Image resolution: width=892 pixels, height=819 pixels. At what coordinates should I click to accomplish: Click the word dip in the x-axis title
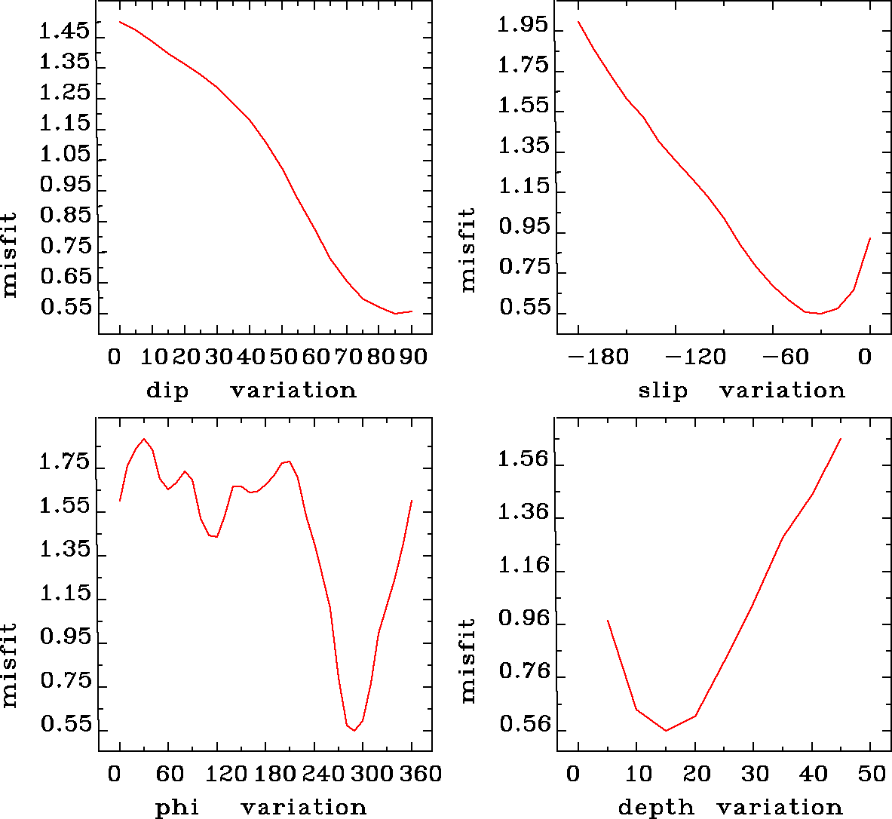pos(167,391)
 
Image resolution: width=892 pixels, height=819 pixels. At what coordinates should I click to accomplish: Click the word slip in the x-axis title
pos(663,391)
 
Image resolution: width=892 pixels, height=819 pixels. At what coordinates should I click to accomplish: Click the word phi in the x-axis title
pos(177,808)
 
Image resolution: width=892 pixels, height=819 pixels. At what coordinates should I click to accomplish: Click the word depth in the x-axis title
pos(655,808)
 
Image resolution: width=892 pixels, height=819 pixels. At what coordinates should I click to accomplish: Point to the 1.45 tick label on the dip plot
pos(65,32)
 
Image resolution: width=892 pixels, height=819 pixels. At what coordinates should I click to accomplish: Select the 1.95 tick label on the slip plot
pos(523,26)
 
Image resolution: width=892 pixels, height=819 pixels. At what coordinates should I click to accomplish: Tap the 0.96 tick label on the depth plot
pos(523,618)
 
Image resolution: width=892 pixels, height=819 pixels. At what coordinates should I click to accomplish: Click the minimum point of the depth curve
pos(666,731)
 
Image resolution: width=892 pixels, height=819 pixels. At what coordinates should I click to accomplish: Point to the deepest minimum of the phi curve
pos(354,731)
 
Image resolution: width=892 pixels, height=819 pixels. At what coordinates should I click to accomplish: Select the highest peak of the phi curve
pos(144,439)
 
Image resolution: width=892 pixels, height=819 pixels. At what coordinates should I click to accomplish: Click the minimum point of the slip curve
pos(820,314)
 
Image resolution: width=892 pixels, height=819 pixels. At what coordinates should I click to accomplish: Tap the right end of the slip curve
pos(870,238)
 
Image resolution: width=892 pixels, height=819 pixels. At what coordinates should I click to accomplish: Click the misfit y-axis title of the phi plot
pos(9,664)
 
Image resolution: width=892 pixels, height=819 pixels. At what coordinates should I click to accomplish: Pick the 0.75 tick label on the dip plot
pos(65,247)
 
